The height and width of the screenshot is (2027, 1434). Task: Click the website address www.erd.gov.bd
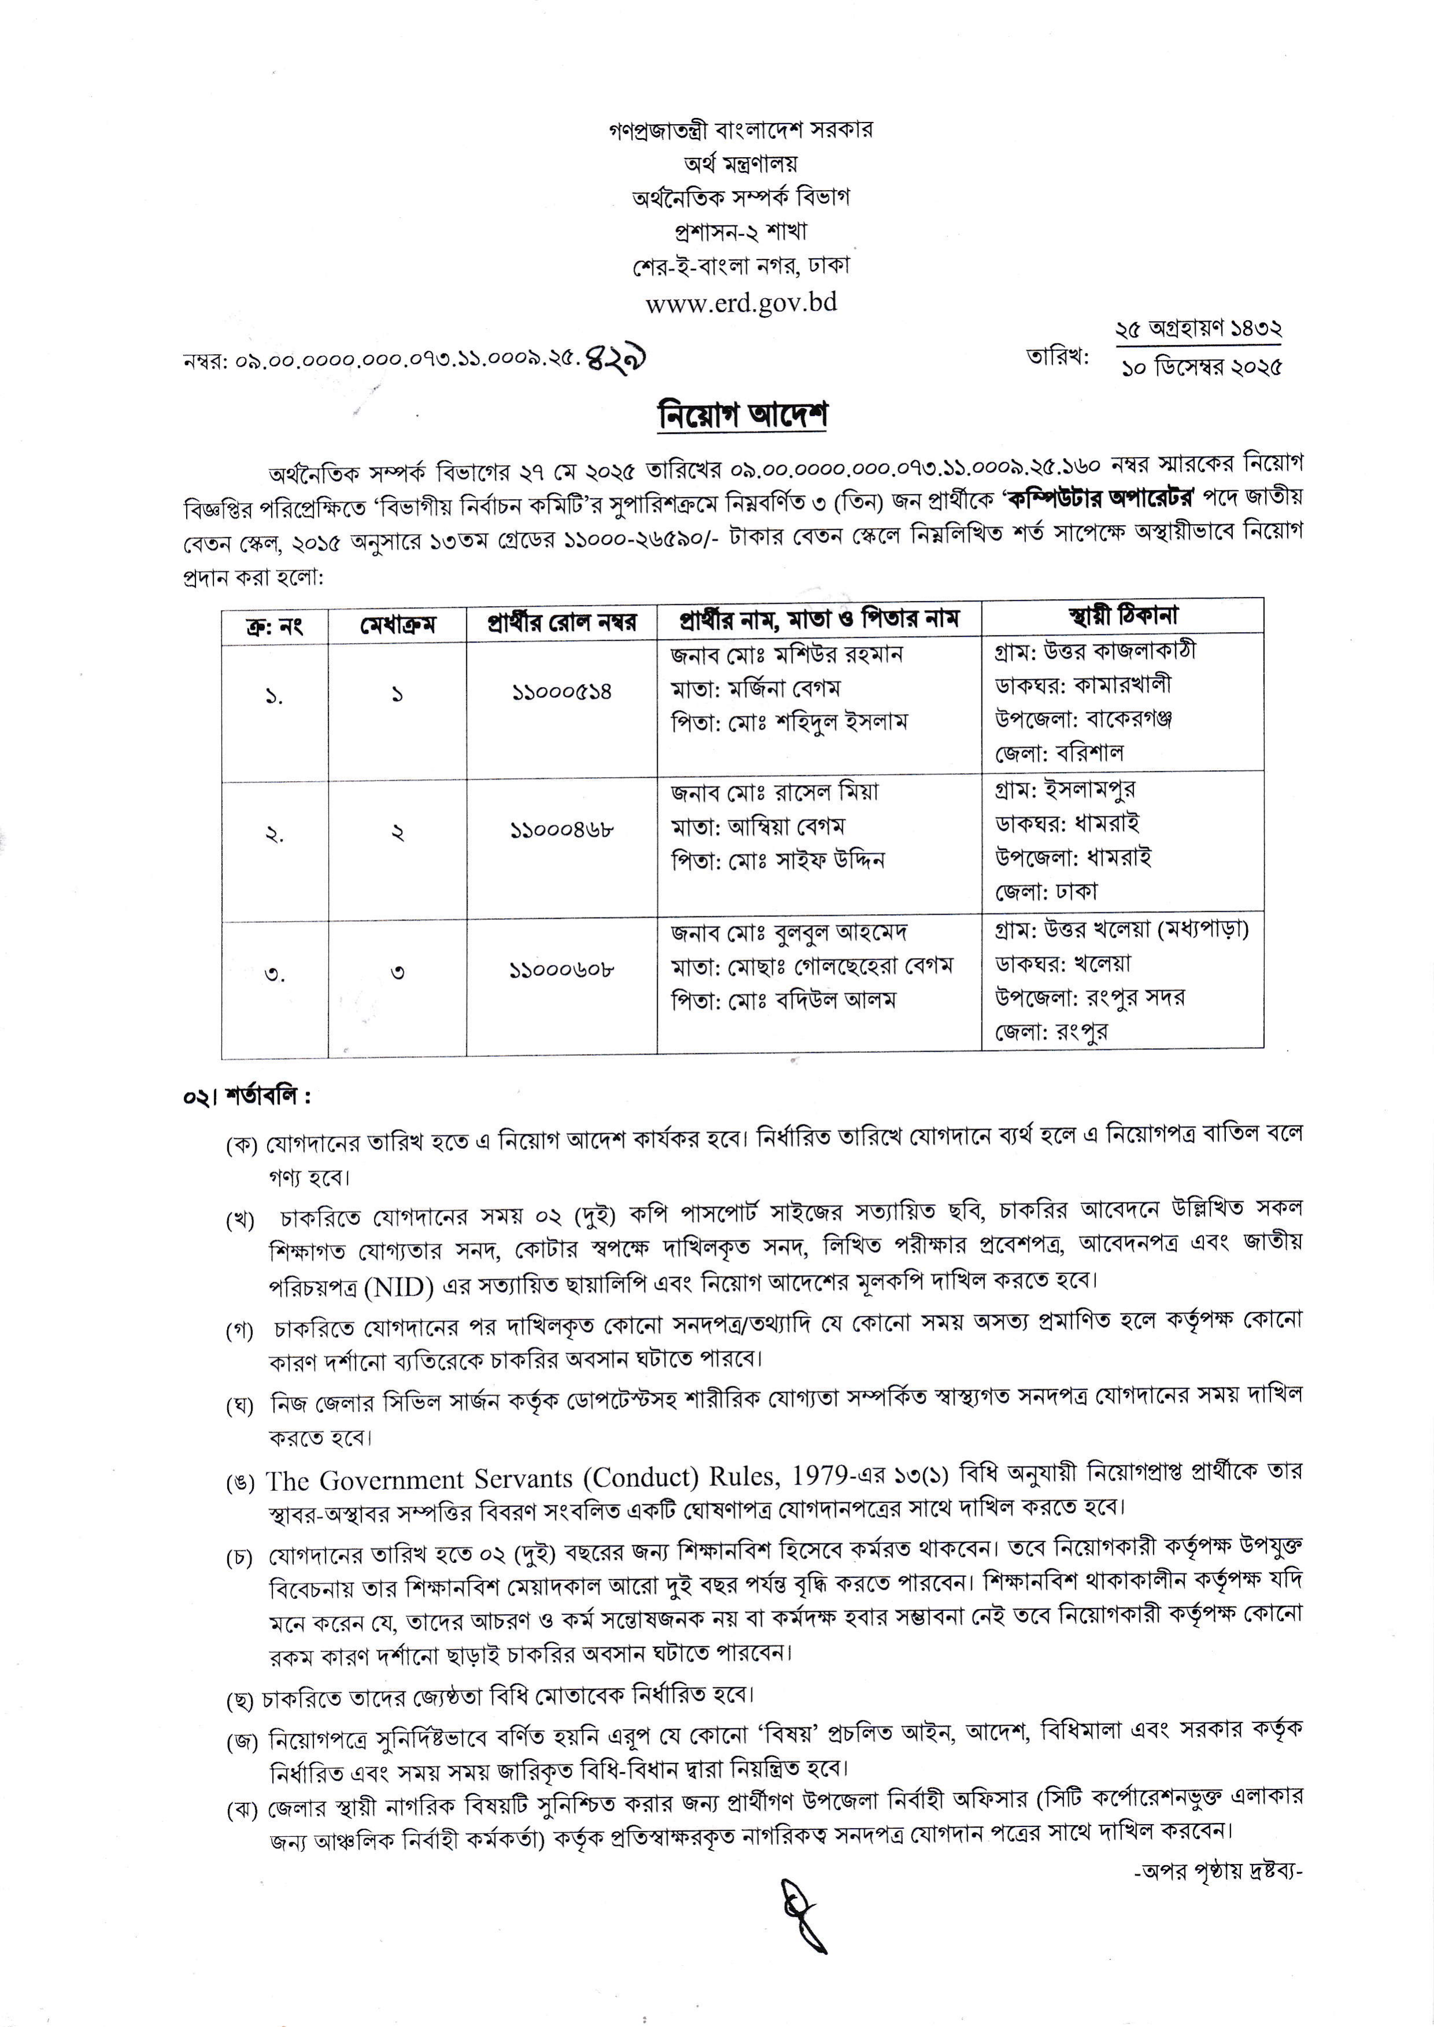(741, 302)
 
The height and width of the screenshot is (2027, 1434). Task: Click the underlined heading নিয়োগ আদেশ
(742, 414)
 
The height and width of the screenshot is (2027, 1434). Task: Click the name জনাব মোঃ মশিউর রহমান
(787, 655)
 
